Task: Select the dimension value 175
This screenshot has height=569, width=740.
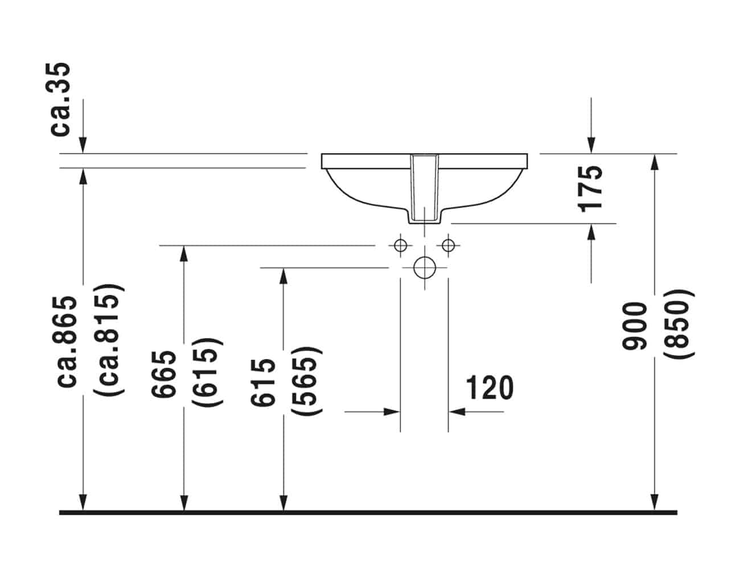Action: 590,189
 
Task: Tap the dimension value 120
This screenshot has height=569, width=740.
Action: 490,387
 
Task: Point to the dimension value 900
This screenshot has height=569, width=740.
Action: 634,326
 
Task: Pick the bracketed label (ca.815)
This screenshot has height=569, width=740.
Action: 109,340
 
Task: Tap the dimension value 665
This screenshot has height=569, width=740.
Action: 164,374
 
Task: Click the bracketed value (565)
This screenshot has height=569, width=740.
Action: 306,381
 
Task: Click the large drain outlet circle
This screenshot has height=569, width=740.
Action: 424,267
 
